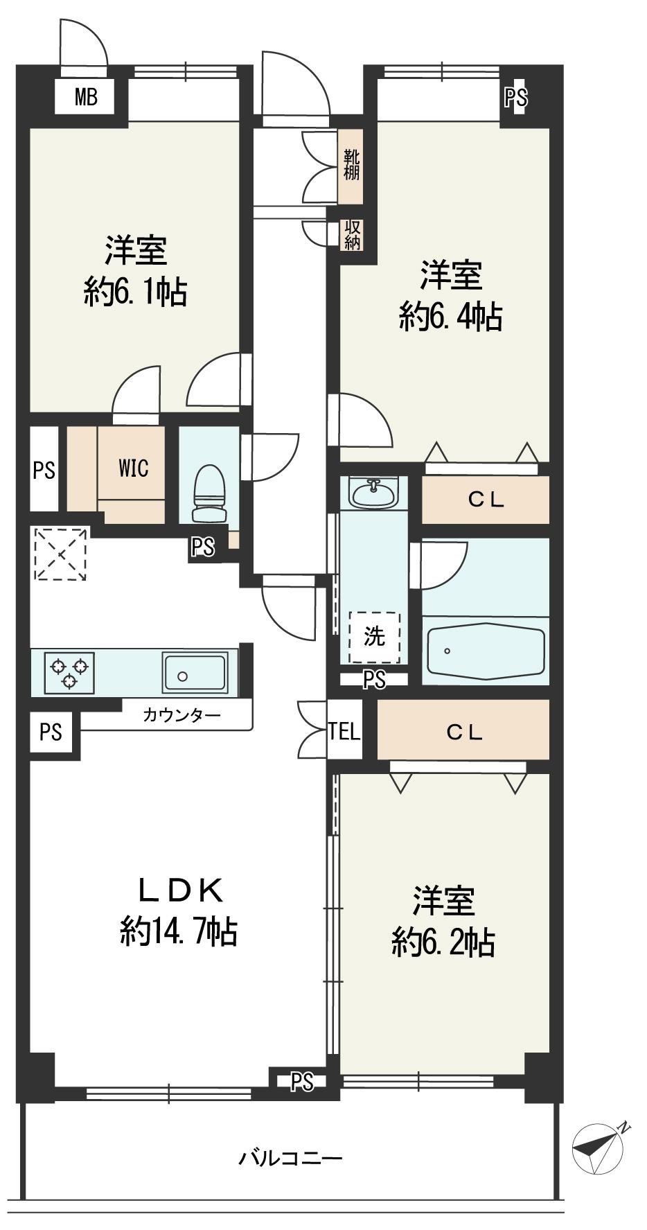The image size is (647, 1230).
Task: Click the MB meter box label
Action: [x=86, y=97]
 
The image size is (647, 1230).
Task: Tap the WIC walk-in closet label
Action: [x=134, y=468]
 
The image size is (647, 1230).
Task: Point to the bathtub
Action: [x=486, y=649]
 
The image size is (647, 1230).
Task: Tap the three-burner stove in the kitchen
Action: [x=69, y=671]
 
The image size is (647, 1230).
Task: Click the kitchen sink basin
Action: [x=195, y=671]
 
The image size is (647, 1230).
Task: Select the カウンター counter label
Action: [x=181, y=714]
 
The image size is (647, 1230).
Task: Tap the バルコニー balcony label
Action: [x=291, y=1158]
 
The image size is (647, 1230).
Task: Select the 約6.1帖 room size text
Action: [x=136, y=293]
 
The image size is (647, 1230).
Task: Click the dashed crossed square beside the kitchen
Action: [x=61, y=554]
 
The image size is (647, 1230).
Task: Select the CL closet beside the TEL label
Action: [x=463, y=732]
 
